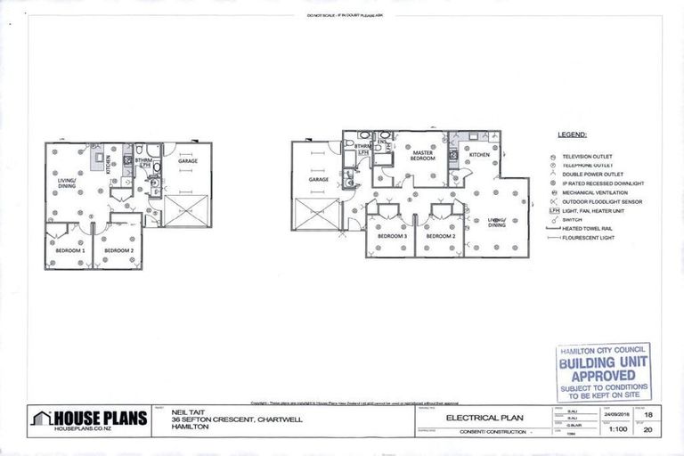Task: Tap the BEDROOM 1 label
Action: [71, 251]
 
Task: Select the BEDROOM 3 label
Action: [392, 237]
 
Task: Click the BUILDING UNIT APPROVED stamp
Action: [598, 372]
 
